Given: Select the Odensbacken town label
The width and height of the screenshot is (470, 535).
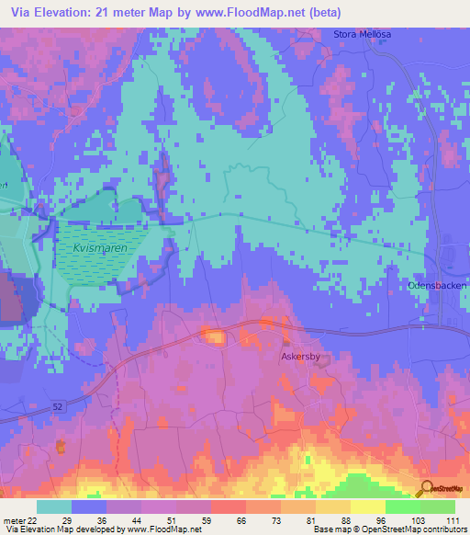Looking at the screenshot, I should tap(437, 286).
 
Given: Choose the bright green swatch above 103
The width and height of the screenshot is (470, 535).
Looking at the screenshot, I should tap(403, 507).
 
